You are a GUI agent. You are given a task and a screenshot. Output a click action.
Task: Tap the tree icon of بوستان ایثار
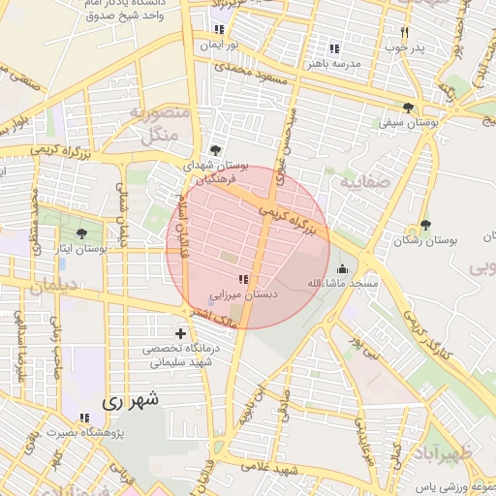coord(80,233)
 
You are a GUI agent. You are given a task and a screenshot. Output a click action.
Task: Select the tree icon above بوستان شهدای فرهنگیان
coord(214,150)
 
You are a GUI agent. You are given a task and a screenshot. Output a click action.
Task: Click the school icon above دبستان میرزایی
coord(242,279)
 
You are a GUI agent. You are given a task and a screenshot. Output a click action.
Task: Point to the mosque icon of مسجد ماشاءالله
coord(341,269)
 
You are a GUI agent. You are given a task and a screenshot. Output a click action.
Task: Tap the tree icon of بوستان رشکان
coord(425,225)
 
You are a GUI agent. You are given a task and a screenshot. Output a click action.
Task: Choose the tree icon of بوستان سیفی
coord(408,108)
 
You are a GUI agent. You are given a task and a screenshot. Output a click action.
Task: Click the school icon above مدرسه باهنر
coord(334,48)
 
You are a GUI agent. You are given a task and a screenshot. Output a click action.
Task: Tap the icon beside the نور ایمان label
coord(219,30)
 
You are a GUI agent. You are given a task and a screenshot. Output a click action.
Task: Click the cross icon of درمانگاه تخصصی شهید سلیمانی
coord(180,333)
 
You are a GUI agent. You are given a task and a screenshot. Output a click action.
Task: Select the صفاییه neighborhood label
coord(364,179)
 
